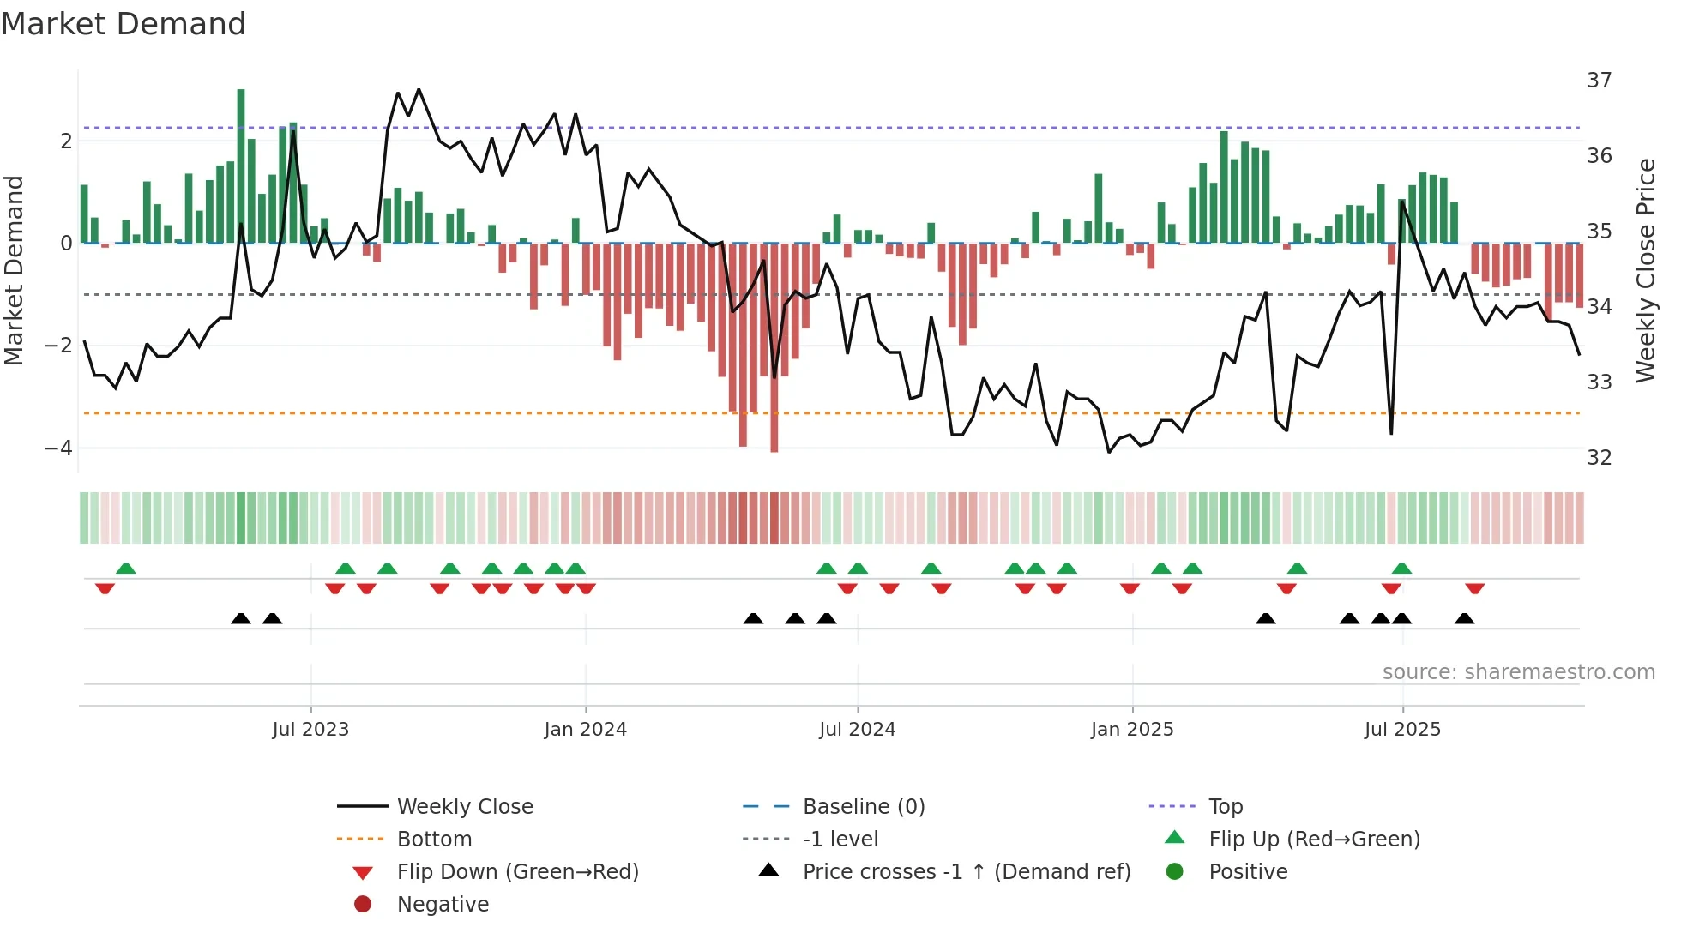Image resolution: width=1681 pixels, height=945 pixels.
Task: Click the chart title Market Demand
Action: pos(124,24)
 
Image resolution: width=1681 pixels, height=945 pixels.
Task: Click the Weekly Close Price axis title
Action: pos(1645,270)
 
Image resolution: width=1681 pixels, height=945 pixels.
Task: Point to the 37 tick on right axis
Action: pos(1599,81)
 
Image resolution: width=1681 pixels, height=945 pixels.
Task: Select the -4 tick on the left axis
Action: pos(58,448)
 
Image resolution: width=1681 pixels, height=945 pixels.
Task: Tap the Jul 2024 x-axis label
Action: pos(857,730)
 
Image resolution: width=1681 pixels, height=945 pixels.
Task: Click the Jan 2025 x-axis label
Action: pos(1131,730)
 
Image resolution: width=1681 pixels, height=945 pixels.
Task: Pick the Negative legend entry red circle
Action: pos(363,905)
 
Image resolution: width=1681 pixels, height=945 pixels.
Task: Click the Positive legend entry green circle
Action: pos(1175,872)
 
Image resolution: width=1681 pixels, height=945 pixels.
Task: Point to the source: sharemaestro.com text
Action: pos(1518,672)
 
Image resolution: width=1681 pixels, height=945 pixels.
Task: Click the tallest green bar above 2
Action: pos(241,163)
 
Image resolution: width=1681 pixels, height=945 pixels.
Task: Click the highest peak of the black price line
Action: pos(419,90)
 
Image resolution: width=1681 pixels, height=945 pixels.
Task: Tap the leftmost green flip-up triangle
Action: pos(126,569)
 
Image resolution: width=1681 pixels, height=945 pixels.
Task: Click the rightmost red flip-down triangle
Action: pos(1474,588)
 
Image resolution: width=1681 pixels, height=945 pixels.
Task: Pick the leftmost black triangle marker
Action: pos(241,618)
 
